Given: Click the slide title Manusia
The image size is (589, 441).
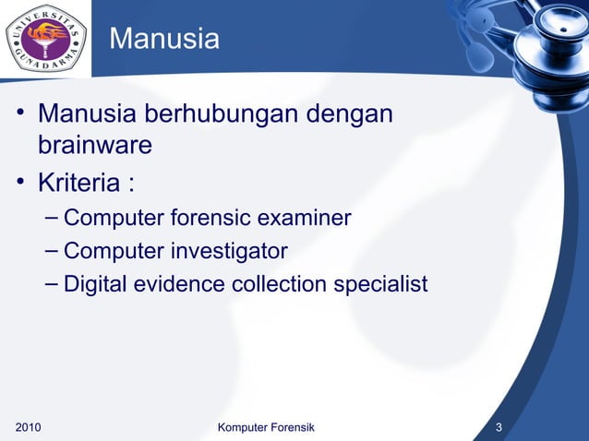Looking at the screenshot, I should (x=164, y=40).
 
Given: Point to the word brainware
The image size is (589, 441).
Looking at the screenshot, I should (x=94, y=146).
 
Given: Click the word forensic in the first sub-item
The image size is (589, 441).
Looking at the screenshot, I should (x=210, y=219).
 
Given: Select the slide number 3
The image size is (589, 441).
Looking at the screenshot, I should (x=499, y=427).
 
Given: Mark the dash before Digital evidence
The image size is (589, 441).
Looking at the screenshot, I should (x=52, y=282).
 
